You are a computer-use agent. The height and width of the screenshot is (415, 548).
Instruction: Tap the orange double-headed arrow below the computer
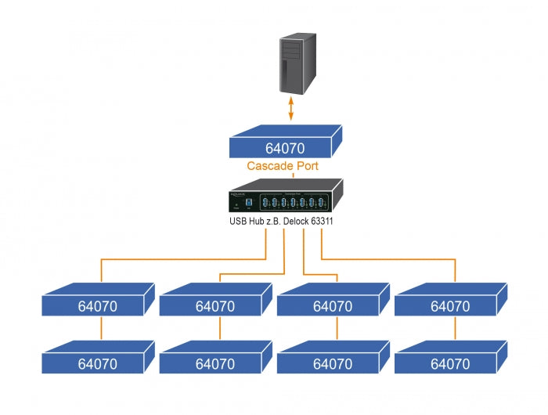tap(291, 108)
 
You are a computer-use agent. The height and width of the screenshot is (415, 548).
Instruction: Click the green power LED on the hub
tap(236, 204)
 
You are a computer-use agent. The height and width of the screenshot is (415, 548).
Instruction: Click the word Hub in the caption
tap(253, 222)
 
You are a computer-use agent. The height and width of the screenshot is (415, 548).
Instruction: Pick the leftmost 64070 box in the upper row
tap(97, 305)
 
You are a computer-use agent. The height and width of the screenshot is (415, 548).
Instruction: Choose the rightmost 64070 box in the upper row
tap(450, 305)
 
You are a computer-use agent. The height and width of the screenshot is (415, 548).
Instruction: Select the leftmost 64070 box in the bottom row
tap(97, 362)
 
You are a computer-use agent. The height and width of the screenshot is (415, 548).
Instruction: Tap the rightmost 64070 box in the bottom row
tap(450, 362)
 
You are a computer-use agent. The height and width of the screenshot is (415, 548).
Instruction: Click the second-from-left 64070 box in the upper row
tap(215, 305)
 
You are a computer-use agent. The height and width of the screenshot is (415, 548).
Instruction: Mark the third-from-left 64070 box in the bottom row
tap(333, 362)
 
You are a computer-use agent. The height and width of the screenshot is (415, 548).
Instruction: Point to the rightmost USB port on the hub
tap(321, 204)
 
